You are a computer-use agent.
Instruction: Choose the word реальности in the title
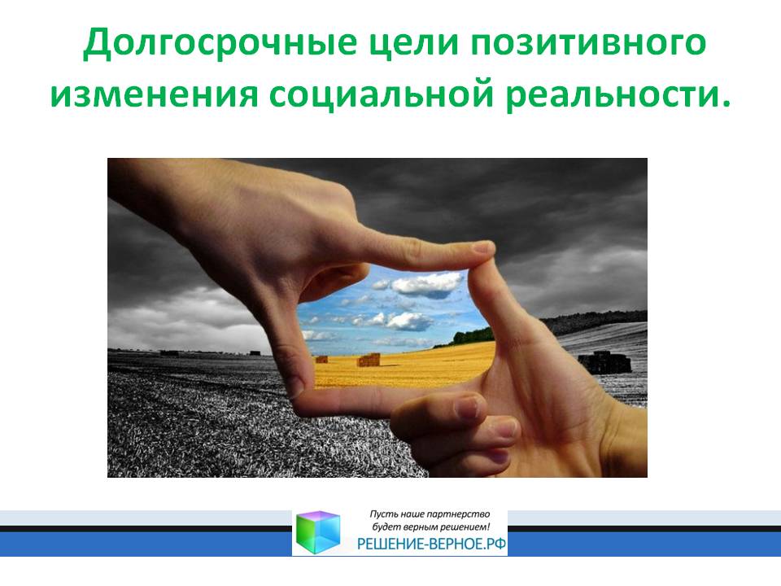pyautogui.click(x=612, y=94)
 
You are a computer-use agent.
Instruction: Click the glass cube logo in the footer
pyautogui.click(x=318, y=532)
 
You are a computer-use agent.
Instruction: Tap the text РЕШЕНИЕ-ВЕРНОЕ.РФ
pyautogui.click(x=432, y=544)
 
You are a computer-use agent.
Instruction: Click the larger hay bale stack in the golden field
pyautogui.click(x=369, y=360)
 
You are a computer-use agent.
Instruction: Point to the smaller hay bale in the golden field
pyautogui.click(x=322, y=359)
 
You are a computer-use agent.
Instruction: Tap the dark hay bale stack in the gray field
pyautogui.click(x=604, y=362)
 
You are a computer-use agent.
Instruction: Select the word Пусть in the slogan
pyautogui.click(x=379, y=514)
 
